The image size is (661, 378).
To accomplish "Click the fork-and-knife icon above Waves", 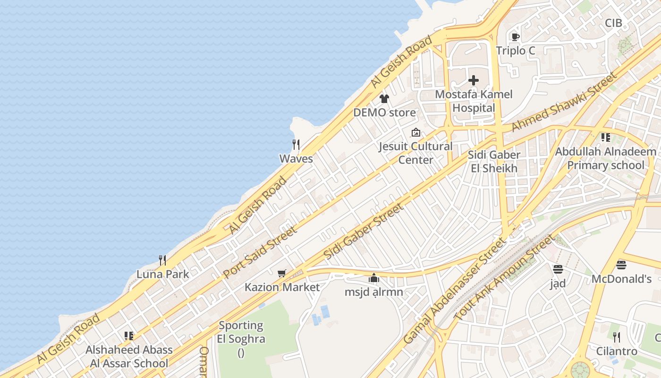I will coord(296,144).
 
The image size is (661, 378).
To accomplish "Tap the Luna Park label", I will coord(162,274).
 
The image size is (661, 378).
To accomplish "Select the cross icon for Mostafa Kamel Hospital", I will coord(474,80).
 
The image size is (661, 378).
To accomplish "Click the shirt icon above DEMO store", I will coord(384,98).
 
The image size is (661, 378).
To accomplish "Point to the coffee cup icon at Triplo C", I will coord(515,37).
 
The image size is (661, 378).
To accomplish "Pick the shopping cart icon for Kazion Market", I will coord(282,273).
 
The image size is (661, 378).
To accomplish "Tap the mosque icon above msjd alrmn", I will coord(374,278).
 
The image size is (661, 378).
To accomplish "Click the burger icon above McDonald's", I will coord(621,265).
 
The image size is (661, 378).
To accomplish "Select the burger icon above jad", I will coord(558,269).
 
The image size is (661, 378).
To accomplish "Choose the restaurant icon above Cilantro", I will coord(616,337).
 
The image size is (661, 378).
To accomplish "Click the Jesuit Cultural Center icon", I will coord(415,132).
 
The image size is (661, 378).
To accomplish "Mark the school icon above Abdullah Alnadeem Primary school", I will coord(605,137).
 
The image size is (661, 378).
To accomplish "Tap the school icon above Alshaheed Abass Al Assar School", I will coord(129,336).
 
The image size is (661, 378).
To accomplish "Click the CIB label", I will coord(613,23).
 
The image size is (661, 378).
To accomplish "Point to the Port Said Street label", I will coord(260,252).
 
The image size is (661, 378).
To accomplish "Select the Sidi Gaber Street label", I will coord(364,231).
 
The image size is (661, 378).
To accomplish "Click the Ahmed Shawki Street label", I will coord(564,102).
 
